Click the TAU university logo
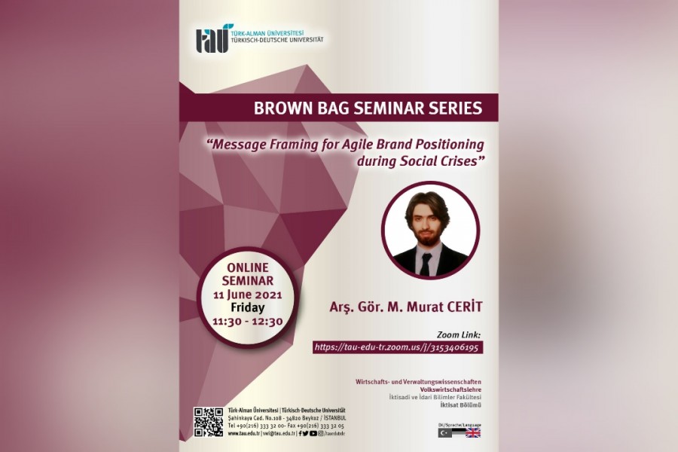(210, 38)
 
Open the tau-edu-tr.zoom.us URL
(398, 347)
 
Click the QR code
(208, 422)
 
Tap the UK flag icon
(473, 433)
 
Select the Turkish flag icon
(445, 433)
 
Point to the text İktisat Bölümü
(460, 405)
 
